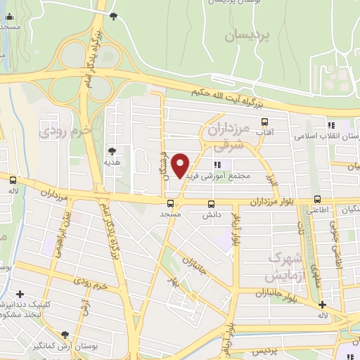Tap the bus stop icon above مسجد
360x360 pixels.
[x=169, y=202]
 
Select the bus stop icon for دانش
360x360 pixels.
[x=210, y=202]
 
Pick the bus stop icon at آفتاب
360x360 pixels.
[x=264, y=122]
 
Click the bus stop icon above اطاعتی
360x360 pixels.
[x=318, y=200]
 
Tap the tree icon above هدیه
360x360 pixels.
[x=112, y=150]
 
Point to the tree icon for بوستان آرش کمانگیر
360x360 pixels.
[x=66, y=335]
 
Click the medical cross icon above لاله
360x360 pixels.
[x=322, y=305]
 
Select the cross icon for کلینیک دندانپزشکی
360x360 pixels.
[x=20, y=294]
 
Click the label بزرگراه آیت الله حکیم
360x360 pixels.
[x=226, y=97]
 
